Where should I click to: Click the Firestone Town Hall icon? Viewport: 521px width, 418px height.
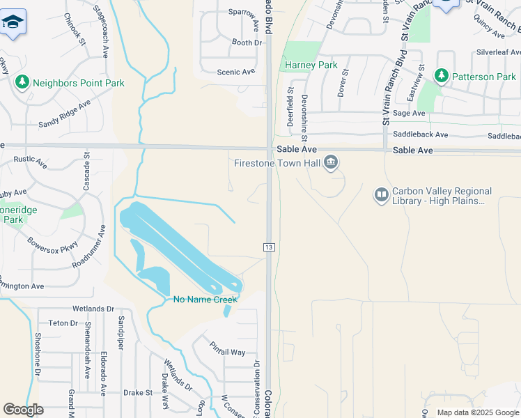point(331,163)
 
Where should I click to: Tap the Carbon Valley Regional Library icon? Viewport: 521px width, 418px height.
point(381,195)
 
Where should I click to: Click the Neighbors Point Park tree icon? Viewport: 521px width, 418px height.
point(22,83)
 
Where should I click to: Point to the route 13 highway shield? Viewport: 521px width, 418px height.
point(267,247)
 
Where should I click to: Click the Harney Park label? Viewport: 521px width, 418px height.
point(311,65)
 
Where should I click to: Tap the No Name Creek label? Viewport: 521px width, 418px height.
point(205,300)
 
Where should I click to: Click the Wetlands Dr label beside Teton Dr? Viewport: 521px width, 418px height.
point(93,309)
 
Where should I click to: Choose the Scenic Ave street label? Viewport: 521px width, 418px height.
point(236,72)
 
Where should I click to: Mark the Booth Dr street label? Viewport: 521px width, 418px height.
point(247,42)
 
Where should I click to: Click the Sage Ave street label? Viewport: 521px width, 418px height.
point(409,113)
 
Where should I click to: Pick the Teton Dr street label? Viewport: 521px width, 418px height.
point(63,323)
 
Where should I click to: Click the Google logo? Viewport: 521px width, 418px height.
point(23,410)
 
